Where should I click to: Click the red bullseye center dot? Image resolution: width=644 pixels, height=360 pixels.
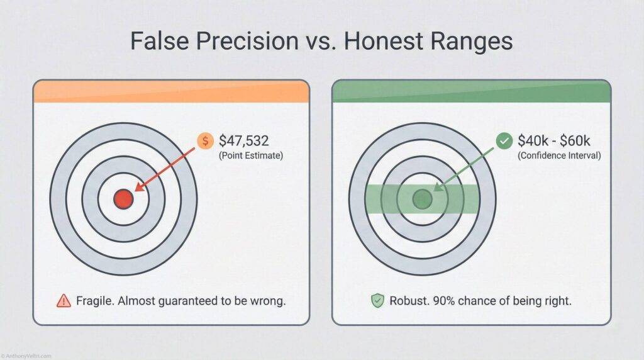pos(123,200)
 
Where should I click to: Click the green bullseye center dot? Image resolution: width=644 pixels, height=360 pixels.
pos(422,200)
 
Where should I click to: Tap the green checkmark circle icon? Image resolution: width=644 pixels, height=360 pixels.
pos(504,141)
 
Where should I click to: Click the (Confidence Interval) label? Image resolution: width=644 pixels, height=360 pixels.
pos(558,155)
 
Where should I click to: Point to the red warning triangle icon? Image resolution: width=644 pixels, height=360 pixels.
pos(64,301)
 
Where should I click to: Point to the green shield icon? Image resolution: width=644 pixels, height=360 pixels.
pos(377,301)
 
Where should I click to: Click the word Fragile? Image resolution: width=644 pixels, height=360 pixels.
pos(95,301)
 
